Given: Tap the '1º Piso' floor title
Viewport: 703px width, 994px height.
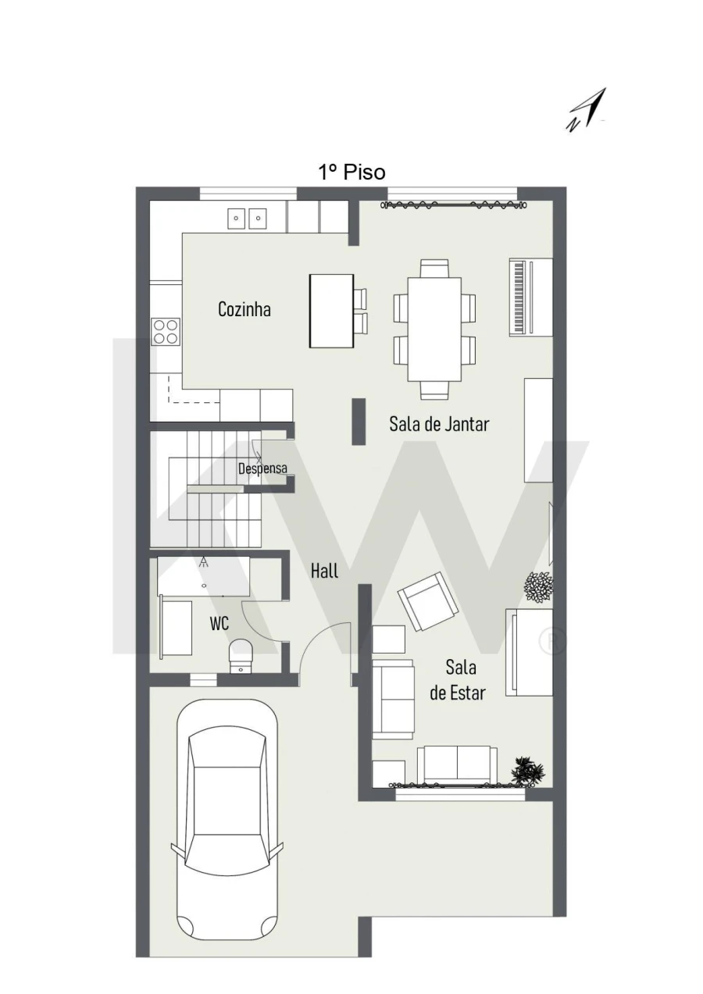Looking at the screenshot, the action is click(x=352, y=173).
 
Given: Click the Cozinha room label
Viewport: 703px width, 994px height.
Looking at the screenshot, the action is click(x=244, y=309).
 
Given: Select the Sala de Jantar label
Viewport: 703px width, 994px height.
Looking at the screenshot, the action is click(x=439, y=424).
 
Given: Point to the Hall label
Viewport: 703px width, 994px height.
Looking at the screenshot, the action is click(x=324, y=571).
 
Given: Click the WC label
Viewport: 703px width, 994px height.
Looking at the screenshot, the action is click(x=219, y=623).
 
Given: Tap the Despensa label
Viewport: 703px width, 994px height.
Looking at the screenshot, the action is click(x=262, y=468).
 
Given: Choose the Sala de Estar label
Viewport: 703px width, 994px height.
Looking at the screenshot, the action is click(x=459, y=680).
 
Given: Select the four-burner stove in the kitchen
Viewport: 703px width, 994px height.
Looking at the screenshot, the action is click(x=166, y=332).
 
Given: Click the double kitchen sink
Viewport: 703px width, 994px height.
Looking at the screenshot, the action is click(x=247, y=219).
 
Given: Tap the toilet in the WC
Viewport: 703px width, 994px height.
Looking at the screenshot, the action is click(x=240, y=657).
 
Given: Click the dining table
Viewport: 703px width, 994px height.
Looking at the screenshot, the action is click(x=434, y=329).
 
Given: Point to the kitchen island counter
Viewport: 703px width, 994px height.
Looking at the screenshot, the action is click(x=331, y=311).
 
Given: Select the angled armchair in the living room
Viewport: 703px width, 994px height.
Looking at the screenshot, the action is click(x=428, y=601).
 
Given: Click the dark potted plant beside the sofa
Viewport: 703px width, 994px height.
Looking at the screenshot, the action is click(x=528, y=772).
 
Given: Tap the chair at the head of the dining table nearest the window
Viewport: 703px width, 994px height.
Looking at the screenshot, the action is click(x=434, y=269).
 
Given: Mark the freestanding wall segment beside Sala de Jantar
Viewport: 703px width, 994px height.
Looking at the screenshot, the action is click(x=359, y=421).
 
